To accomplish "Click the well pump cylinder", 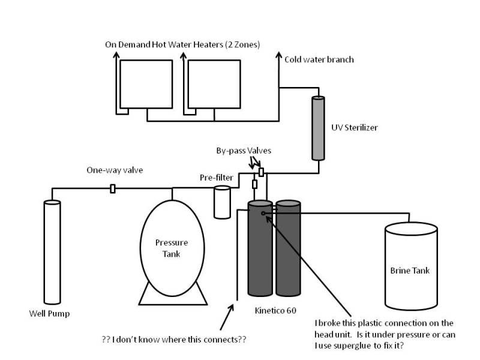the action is (x=52, y=252).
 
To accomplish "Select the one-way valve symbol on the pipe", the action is (x=113, y=188).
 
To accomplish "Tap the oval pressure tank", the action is (x=172, y=248).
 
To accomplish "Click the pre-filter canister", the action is (x=222, y=202).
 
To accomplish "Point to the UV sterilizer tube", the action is (x=319, y=128).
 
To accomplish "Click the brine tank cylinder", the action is (x=411, y=266).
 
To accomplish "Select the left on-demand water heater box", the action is (x=146, y=84).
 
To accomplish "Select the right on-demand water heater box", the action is (x=214, y=84).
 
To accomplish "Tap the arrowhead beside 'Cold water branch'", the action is (x=278, y=55).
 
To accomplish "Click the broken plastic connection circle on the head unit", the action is (x=263, y=214).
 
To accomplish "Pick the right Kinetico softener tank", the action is (x=288, y=248).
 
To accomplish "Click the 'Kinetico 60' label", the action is (x=275, y=311).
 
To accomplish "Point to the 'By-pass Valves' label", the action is (x=244, y=151).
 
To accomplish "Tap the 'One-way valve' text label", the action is (x=115, y=170).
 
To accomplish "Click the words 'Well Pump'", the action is (x=49, y=314).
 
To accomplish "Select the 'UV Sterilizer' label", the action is (x=355, y=128).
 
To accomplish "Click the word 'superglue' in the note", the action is (x=352, y=346).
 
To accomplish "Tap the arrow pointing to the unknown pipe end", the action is (x=227, y=317).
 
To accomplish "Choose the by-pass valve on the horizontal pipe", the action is (x=261, y=172).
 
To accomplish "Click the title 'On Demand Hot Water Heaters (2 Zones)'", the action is (x=182, y=44).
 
